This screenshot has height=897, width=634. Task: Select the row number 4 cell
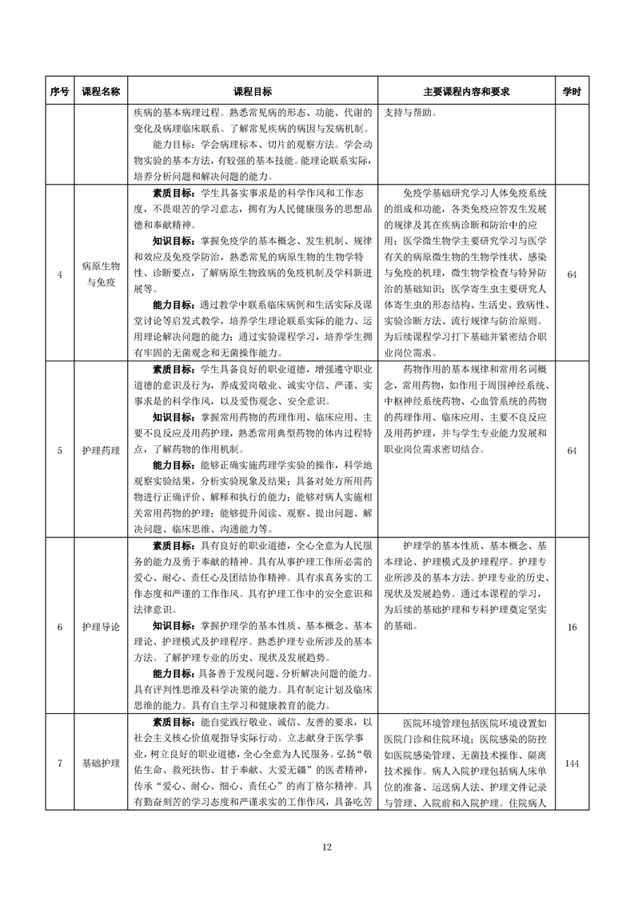[60, 275]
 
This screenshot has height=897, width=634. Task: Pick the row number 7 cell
[60, 763]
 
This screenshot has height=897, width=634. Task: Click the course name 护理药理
[101, 451]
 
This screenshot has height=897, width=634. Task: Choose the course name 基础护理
[101, 763]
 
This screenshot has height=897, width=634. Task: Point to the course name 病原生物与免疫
[101, 275]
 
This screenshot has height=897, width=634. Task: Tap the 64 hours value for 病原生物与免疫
[572, 275]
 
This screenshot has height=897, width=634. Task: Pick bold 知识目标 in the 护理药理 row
[172, 417]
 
